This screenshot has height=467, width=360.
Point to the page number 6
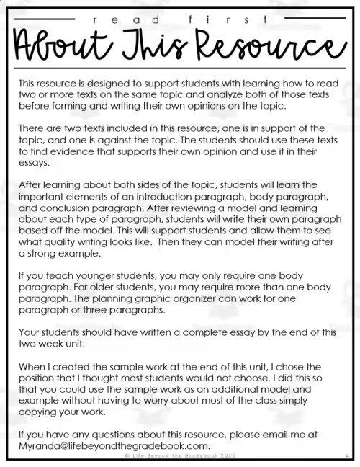click(x=346, y=455)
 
